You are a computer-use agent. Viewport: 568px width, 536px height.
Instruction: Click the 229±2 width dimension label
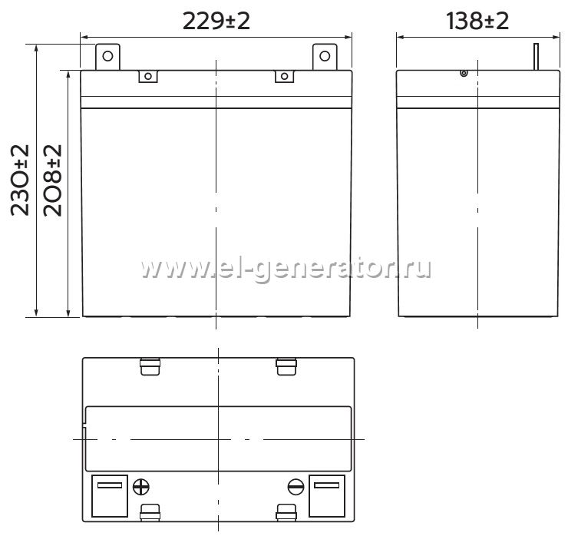[x=216, y=21]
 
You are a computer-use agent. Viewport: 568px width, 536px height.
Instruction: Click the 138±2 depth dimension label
[x=477, y=21]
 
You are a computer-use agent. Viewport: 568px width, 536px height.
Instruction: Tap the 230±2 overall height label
[x=19, y=180]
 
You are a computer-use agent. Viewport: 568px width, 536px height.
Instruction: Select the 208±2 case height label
[x=52, y=180]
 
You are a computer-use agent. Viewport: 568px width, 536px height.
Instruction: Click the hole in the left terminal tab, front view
[x=107, y=56]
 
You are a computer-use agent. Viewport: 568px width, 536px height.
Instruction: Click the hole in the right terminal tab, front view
[x=325, y=56]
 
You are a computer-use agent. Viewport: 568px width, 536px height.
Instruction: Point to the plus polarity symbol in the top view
[x=141, y=487]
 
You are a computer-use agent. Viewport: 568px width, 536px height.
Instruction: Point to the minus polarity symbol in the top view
[x=296, y=487]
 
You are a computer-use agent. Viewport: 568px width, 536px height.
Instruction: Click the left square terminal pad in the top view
[x=110, y=496]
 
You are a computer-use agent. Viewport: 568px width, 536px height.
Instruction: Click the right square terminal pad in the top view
[x=327, y=496]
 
